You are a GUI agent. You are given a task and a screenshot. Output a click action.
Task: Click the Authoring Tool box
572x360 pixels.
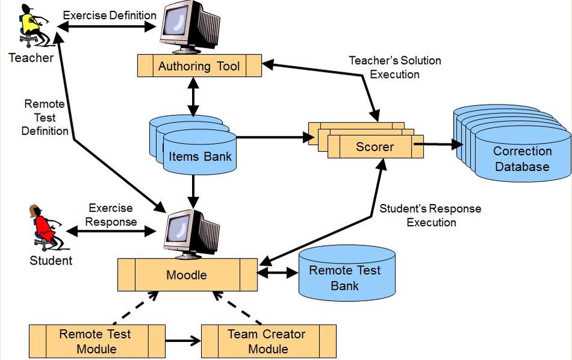[x=199, y=65]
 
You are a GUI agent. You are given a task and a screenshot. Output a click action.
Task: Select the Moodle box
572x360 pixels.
[x=187, y=275]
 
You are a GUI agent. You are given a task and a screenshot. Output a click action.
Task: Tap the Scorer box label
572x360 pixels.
[x=375, y=146]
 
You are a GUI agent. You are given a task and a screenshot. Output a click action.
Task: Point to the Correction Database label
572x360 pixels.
[x=522, y=159]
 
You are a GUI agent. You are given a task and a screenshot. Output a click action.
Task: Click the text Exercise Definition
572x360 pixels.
[x=109, y=15]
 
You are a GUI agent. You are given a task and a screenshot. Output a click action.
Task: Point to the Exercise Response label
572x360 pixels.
[x=110, y=215]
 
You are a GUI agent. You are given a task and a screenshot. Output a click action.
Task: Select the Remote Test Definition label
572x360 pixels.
[x=44, y=117]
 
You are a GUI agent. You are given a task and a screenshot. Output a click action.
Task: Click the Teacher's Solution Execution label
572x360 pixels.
[x=394, y=67]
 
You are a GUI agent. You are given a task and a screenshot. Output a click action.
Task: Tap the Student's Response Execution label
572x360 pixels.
[x=430, y=215]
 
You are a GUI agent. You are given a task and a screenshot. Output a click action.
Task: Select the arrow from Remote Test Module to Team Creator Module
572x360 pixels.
[x=182, y=341]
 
